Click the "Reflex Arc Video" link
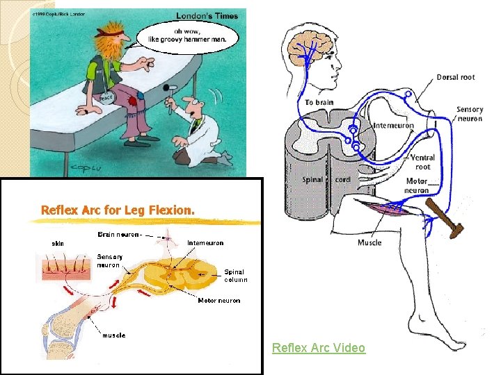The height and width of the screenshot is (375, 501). (318, 347)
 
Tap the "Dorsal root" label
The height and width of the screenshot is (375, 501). (456, 77)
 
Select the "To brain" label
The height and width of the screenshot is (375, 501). (319, 102)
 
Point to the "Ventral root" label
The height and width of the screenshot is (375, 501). (422, 162)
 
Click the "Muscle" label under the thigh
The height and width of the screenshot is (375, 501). (369, 242)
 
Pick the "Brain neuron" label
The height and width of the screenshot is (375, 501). (120, 235)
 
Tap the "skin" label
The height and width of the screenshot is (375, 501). (58, 244)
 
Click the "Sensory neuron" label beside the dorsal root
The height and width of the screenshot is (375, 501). (470, 114)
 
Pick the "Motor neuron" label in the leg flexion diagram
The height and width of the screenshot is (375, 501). (219, 301)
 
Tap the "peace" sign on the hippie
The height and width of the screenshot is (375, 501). (105, 98)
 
